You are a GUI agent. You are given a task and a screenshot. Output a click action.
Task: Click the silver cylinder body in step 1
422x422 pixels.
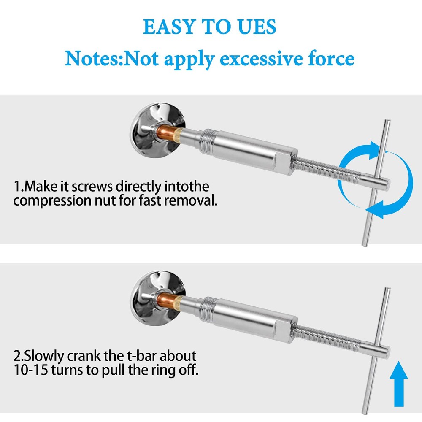pos(253,151)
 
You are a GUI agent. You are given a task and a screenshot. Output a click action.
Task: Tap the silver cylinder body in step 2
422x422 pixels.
pos(253,319)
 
